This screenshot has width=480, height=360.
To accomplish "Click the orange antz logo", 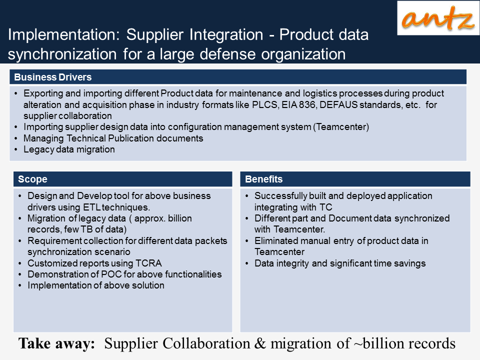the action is [x=438, y=18].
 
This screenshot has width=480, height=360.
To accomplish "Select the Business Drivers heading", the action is [x=53, y=77].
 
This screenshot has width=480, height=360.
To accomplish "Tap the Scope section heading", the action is [x=33, y=179].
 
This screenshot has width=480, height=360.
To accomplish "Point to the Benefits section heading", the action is [x=264, y=179].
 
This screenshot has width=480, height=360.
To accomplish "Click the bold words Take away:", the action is [x=56, y=343].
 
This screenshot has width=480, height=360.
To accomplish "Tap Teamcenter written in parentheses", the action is [x=341, y=127].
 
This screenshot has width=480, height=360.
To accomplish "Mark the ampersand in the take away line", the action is [x=260, y=343].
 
